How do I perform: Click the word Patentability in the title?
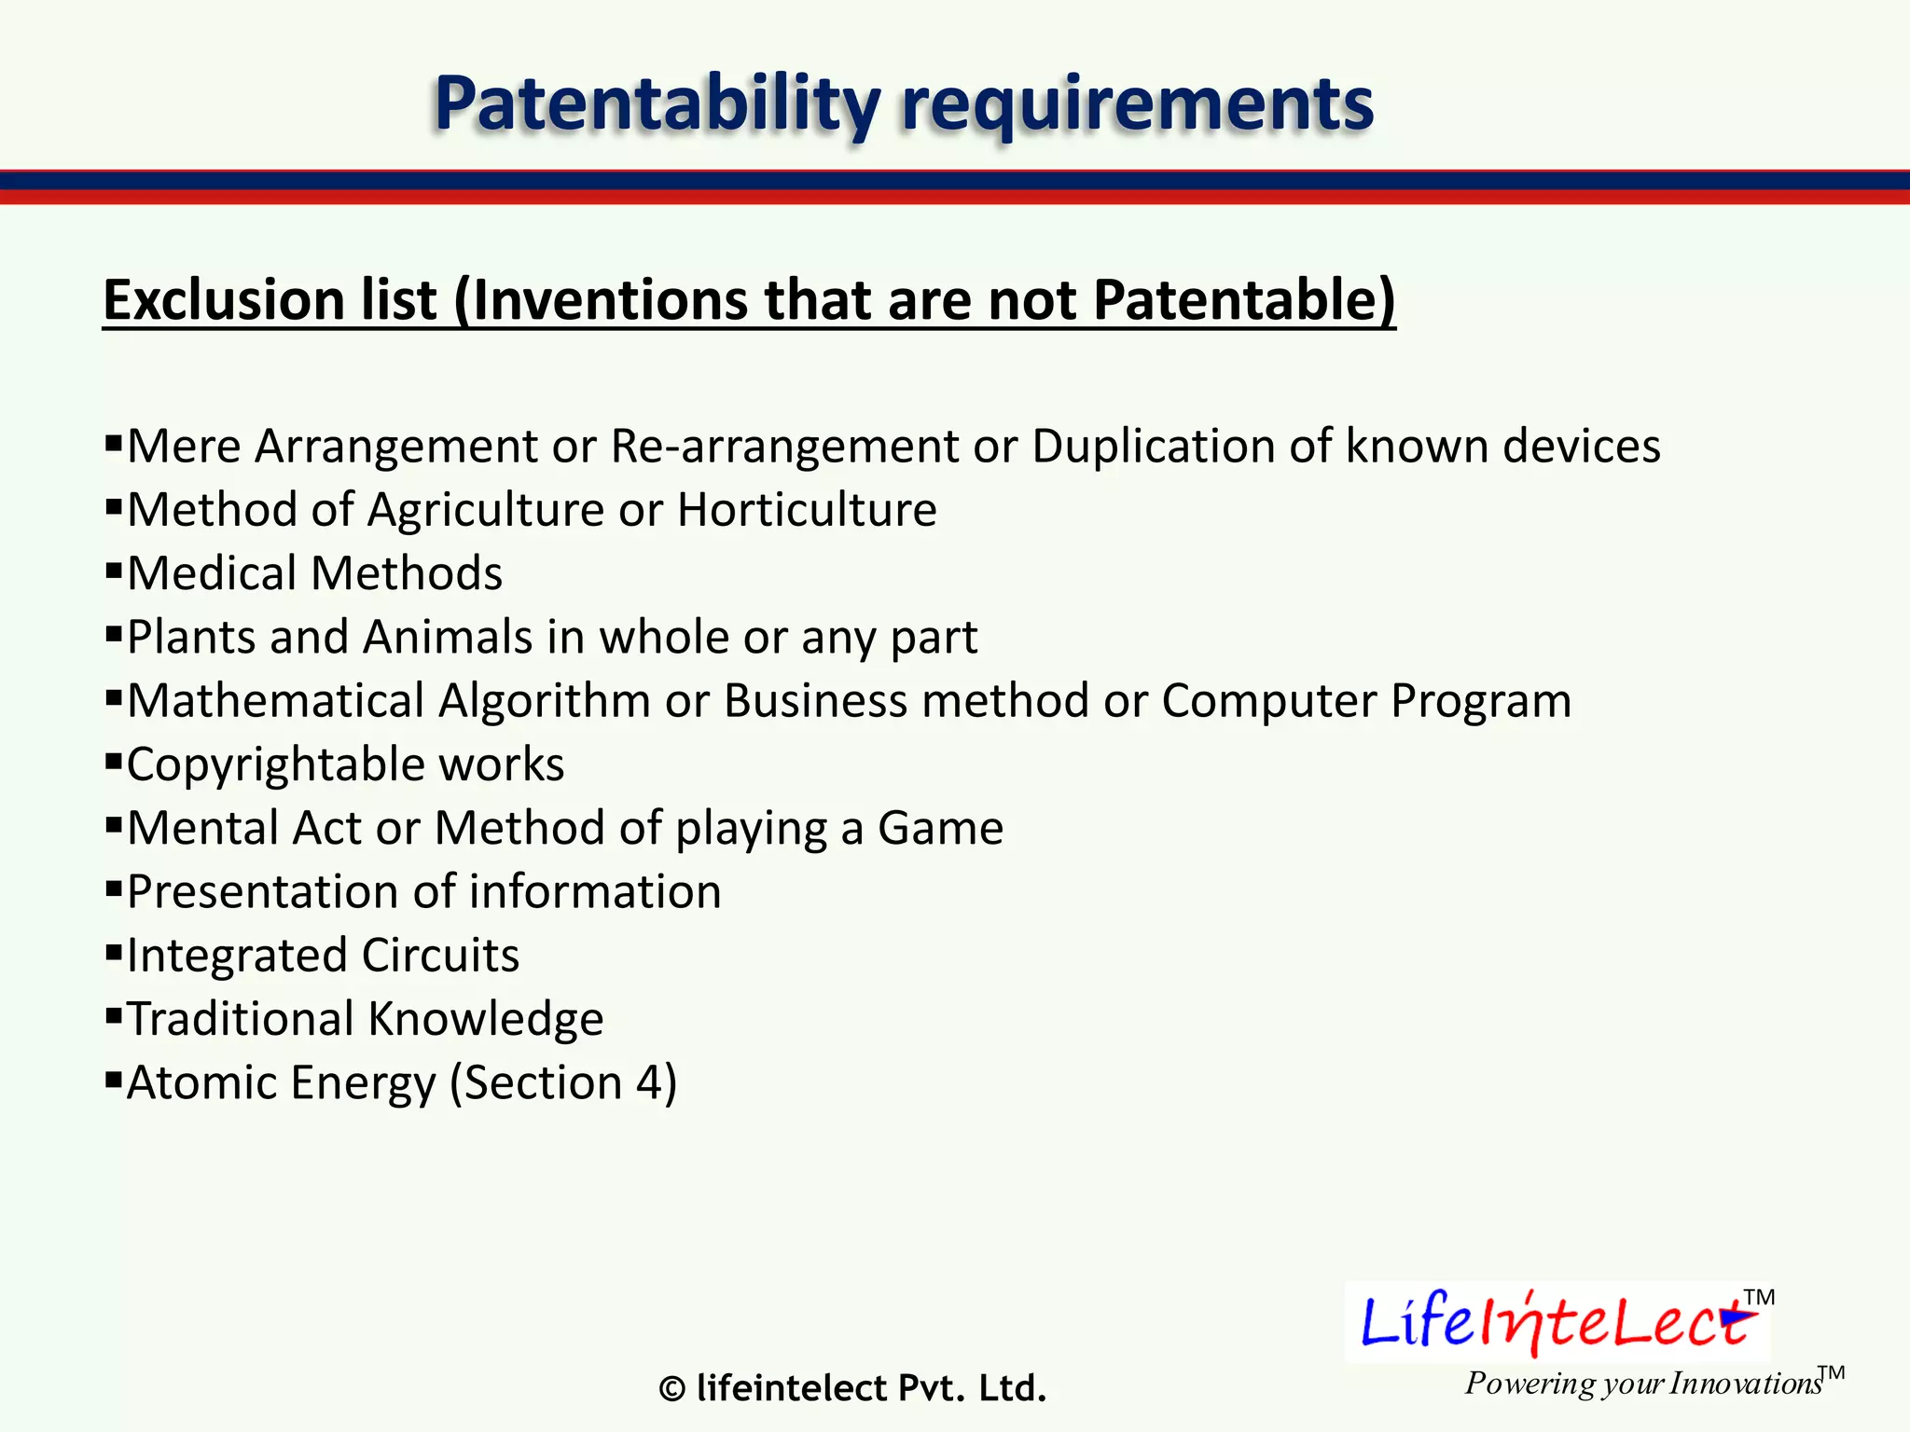tap(657, 104)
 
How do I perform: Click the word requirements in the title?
tap(1137, 104)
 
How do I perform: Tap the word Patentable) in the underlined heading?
tap(1244, 300)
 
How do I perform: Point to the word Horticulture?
tap(807, 510)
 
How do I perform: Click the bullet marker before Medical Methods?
tap(114, 570)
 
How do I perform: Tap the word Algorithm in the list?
tap(544, 701)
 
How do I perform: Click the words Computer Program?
tap(1365, 701)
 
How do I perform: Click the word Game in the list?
tap(940, 828)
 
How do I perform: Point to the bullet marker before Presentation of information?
tap(114, 888)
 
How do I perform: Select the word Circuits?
tap(440, 956)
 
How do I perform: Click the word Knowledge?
tap(485, 1019)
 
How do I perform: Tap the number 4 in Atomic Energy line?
tap(649, 1083)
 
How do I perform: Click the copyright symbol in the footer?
tap(671, 1390)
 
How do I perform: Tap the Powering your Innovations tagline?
tap(1641, 1384)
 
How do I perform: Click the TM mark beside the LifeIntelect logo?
tap(1759, 1298)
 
